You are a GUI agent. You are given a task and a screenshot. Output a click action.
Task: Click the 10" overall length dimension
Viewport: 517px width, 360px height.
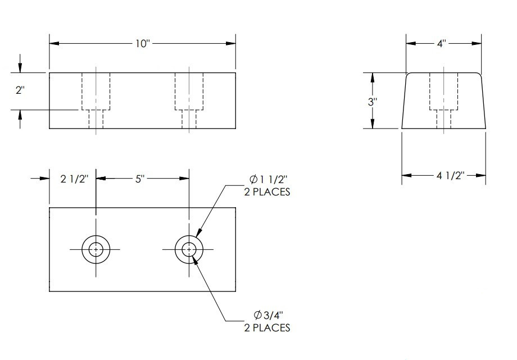142,44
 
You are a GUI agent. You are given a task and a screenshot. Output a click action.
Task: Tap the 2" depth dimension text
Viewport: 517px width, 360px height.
20,90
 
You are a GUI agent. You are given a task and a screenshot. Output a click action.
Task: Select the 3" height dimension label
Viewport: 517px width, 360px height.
372,102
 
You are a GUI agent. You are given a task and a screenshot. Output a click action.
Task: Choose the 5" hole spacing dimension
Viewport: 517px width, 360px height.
140,179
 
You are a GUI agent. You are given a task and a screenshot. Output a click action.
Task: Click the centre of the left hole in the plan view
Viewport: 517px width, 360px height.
96,249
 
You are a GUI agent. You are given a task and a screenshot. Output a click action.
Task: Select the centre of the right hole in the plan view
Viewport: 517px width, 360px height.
189,249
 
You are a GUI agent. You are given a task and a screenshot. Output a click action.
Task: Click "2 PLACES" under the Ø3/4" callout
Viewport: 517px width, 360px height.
267,327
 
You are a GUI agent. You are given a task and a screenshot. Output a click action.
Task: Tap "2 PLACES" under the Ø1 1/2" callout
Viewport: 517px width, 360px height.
267,192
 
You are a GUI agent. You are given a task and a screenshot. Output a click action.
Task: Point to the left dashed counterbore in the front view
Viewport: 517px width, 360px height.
96,92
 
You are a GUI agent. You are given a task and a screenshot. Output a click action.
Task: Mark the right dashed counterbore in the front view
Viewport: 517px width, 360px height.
189,92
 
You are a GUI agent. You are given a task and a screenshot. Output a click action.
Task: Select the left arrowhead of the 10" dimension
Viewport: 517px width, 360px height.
53,44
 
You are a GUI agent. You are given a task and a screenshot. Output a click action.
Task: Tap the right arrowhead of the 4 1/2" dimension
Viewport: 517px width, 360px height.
482,176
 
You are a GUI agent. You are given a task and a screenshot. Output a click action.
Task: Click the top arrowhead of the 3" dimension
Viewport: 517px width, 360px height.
372,76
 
